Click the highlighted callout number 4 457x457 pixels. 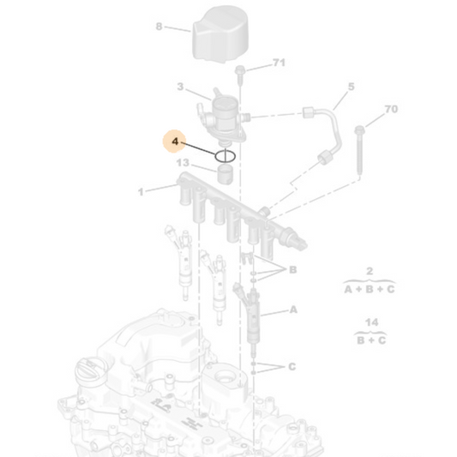click(175, 141)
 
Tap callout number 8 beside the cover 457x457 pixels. click(159, 27)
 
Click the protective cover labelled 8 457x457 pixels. click(220, 34)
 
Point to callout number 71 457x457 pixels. click(279, 62)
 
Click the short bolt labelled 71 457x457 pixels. click(239, 75)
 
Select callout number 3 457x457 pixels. click(180, 87)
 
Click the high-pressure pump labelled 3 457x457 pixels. click(225, 117)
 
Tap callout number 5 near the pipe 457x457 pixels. click(352, 87)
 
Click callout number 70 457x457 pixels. click(391, 109)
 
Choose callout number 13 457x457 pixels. click(183, 162)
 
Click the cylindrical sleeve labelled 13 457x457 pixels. click(225, 174)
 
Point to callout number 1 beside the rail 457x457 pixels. click(141, 192)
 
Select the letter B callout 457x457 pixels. click(292, 269)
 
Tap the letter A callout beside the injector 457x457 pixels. click(293, 310)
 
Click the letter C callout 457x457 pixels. click(292, 366)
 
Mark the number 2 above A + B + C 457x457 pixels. click(370, 271)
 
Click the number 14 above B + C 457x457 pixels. click(371, 322)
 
